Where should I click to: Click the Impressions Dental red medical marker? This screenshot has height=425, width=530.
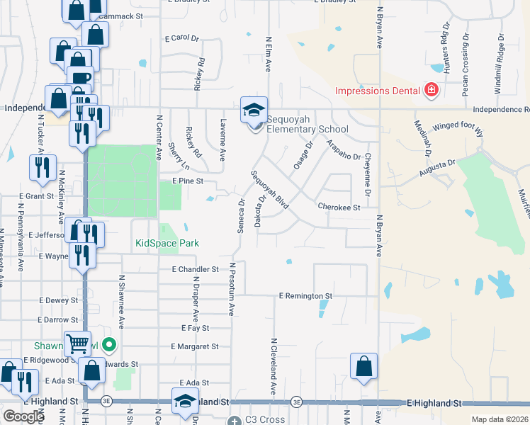[430, 91]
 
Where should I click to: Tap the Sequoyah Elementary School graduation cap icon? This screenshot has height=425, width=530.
[254, 110]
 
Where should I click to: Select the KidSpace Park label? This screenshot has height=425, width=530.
[167, 243]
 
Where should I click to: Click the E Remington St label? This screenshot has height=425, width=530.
[305, 295]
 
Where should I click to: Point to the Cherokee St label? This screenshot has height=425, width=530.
[339, 208]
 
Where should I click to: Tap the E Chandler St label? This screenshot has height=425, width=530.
[195, 269]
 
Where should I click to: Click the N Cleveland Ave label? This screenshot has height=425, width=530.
[272, 365]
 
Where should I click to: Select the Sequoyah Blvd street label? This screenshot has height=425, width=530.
[270, 189]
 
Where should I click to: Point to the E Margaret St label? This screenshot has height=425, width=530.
[195, 346]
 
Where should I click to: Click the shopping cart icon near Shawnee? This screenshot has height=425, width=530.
[77, 344]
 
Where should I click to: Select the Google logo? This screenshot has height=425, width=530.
[23, 416]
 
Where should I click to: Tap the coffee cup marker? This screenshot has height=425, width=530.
[80, 78]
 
